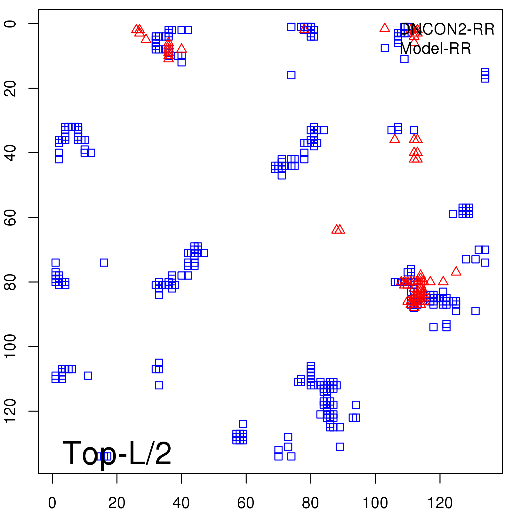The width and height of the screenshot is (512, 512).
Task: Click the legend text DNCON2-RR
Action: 447,29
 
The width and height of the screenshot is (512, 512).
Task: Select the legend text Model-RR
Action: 435,49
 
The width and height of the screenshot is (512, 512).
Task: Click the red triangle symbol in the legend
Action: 385,28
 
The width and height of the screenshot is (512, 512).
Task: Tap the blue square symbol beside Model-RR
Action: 385,48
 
